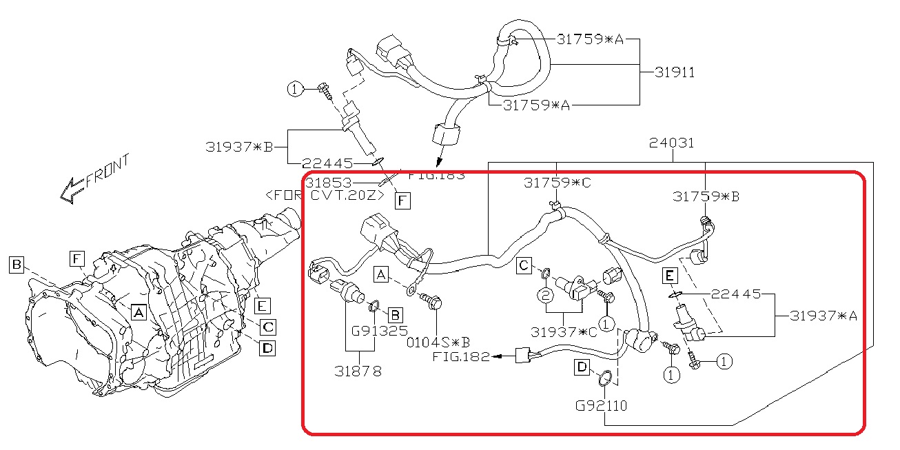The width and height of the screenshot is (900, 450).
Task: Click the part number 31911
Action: point(674,72)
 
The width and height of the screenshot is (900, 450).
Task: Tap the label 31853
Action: point(329,183)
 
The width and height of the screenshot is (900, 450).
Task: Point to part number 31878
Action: point(358,370)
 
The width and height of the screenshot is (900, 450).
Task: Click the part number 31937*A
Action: point(824,316)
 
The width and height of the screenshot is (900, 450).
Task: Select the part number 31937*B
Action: point(239,146)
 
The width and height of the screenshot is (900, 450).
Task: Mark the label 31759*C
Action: point(558,183)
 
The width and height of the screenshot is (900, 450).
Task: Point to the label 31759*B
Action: point(706,196)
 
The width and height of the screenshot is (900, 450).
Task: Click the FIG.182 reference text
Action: point(461,356)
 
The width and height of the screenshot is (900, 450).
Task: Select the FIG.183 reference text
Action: point(436,175)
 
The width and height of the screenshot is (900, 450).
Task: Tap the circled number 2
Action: point(544,296)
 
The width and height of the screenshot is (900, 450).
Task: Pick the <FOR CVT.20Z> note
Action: point(324,195)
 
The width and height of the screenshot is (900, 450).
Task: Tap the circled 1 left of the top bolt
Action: point(295,88)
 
